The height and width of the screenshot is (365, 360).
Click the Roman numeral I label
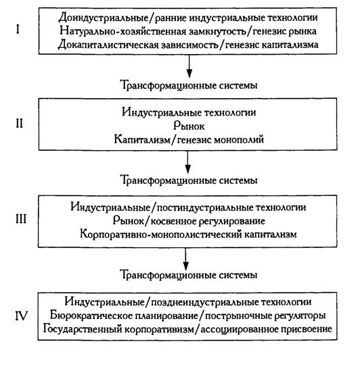click(18, 29)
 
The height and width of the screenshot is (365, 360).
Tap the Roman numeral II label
click(20, 124)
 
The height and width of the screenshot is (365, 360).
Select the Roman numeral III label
click(21, 219)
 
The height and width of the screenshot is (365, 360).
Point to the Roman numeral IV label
click(22, 316)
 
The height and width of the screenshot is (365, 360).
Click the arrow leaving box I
click(189, 66)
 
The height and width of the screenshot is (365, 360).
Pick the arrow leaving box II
click(188, 162)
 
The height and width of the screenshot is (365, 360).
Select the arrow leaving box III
click(185, 258)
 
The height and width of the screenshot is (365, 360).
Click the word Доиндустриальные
click(104, 18)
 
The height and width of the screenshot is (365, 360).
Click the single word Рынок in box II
click(189, 126)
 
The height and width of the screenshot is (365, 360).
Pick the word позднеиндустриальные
click(204, 302)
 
